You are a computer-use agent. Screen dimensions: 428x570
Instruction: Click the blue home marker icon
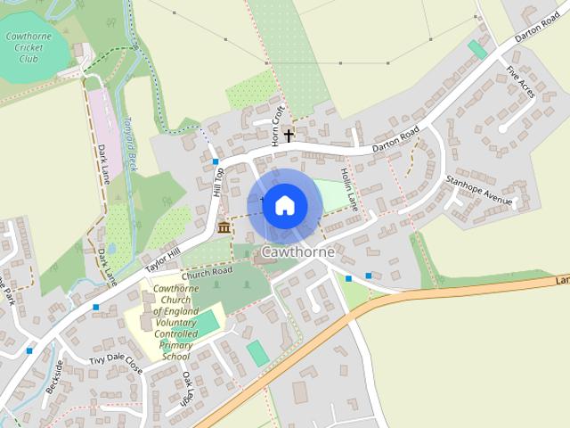click(284, 205)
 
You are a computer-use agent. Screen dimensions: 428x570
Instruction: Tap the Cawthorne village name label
click(297, 252)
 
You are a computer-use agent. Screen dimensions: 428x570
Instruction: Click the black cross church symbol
click(289, 136)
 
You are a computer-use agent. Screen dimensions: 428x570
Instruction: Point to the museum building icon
click(223, 230)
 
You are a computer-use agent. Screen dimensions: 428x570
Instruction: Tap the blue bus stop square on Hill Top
click(216, 161)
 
